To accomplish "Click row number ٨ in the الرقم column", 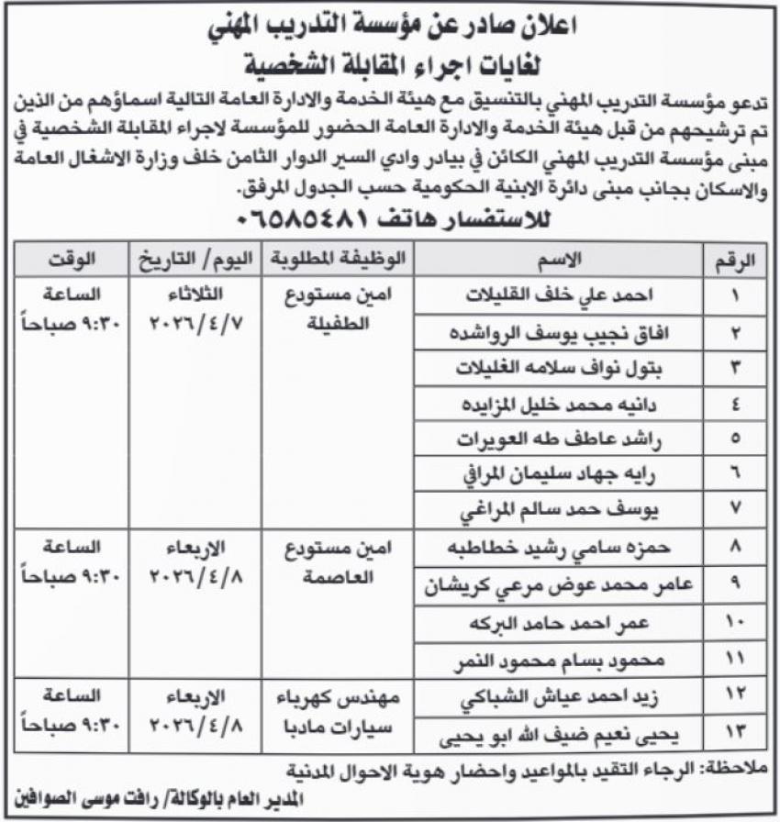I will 735,548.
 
